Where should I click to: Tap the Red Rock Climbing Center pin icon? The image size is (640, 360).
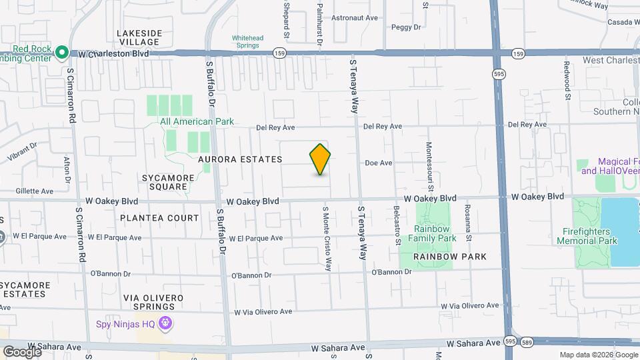coord(62,51)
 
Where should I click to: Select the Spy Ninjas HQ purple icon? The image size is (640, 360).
coord(165,325)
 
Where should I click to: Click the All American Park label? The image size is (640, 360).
coord(197,121)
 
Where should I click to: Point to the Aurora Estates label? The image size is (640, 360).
coord(240,159)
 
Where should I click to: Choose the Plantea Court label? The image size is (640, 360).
coord(159,218)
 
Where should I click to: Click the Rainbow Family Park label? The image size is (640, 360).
coord(433,233)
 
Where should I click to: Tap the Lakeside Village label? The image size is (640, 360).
coord(139,37)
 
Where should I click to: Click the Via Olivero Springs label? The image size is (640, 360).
coord(149,301)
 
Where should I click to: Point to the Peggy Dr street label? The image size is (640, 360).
coord(406,27)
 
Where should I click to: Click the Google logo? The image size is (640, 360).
coord(21,351)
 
